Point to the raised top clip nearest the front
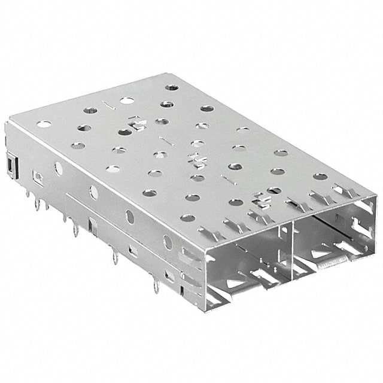[262, 200]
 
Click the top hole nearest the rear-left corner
[44, 124]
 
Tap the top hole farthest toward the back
[172, 87]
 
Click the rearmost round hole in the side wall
[59, 168]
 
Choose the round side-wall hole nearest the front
[167, 242]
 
